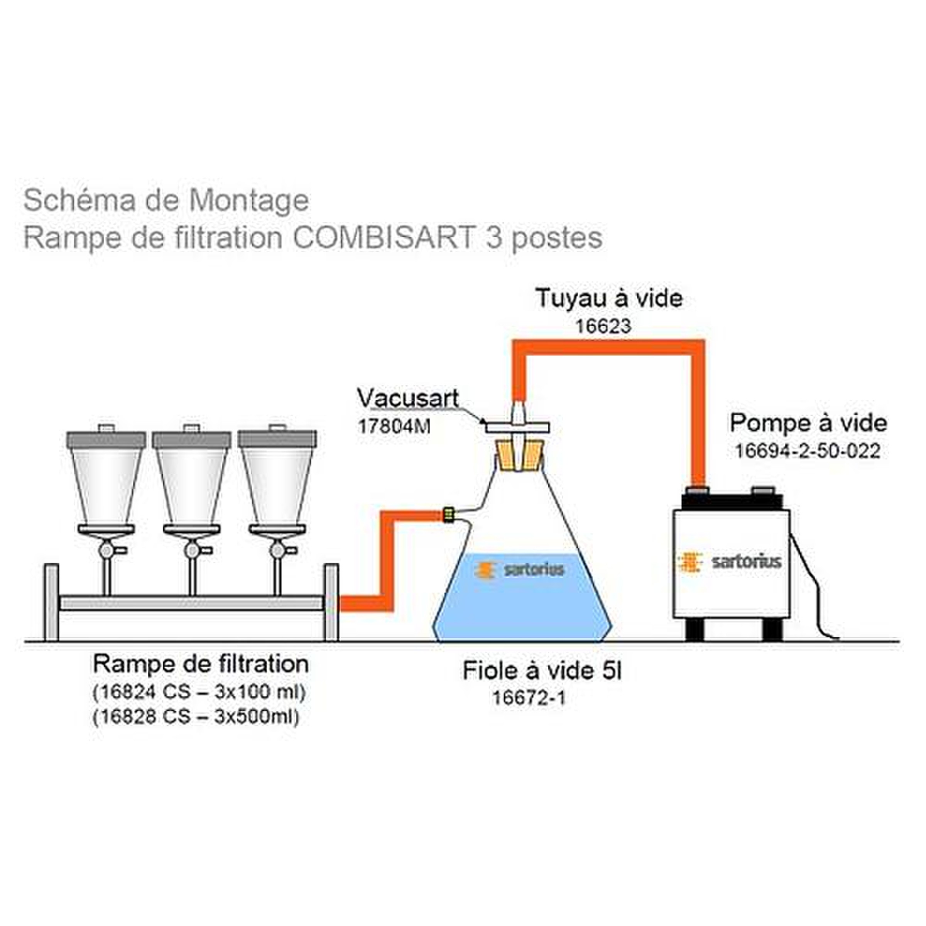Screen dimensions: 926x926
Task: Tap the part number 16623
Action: pos(603,326)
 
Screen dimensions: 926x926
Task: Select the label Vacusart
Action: pos(408,398)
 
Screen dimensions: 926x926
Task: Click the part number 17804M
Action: pos(394,427)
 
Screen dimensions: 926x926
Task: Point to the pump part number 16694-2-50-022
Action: pos(807,451)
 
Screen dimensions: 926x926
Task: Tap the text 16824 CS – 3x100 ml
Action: pos(199,692)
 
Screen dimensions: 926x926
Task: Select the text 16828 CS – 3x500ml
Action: pos(196,716)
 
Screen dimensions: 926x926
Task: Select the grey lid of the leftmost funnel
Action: pos(106,439)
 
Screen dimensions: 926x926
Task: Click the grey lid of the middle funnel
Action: pos(192,439)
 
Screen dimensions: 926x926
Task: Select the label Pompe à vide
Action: pos(808,423)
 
